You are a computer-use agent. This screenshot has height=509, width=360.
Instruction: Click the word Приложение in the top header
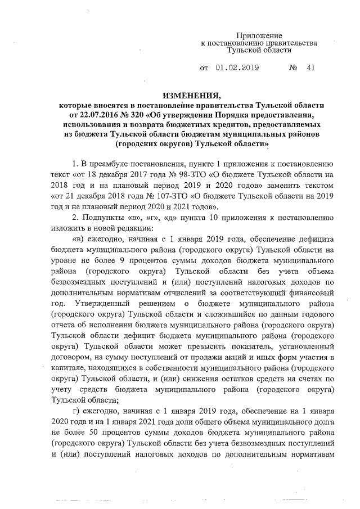[x=258, y=35]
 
